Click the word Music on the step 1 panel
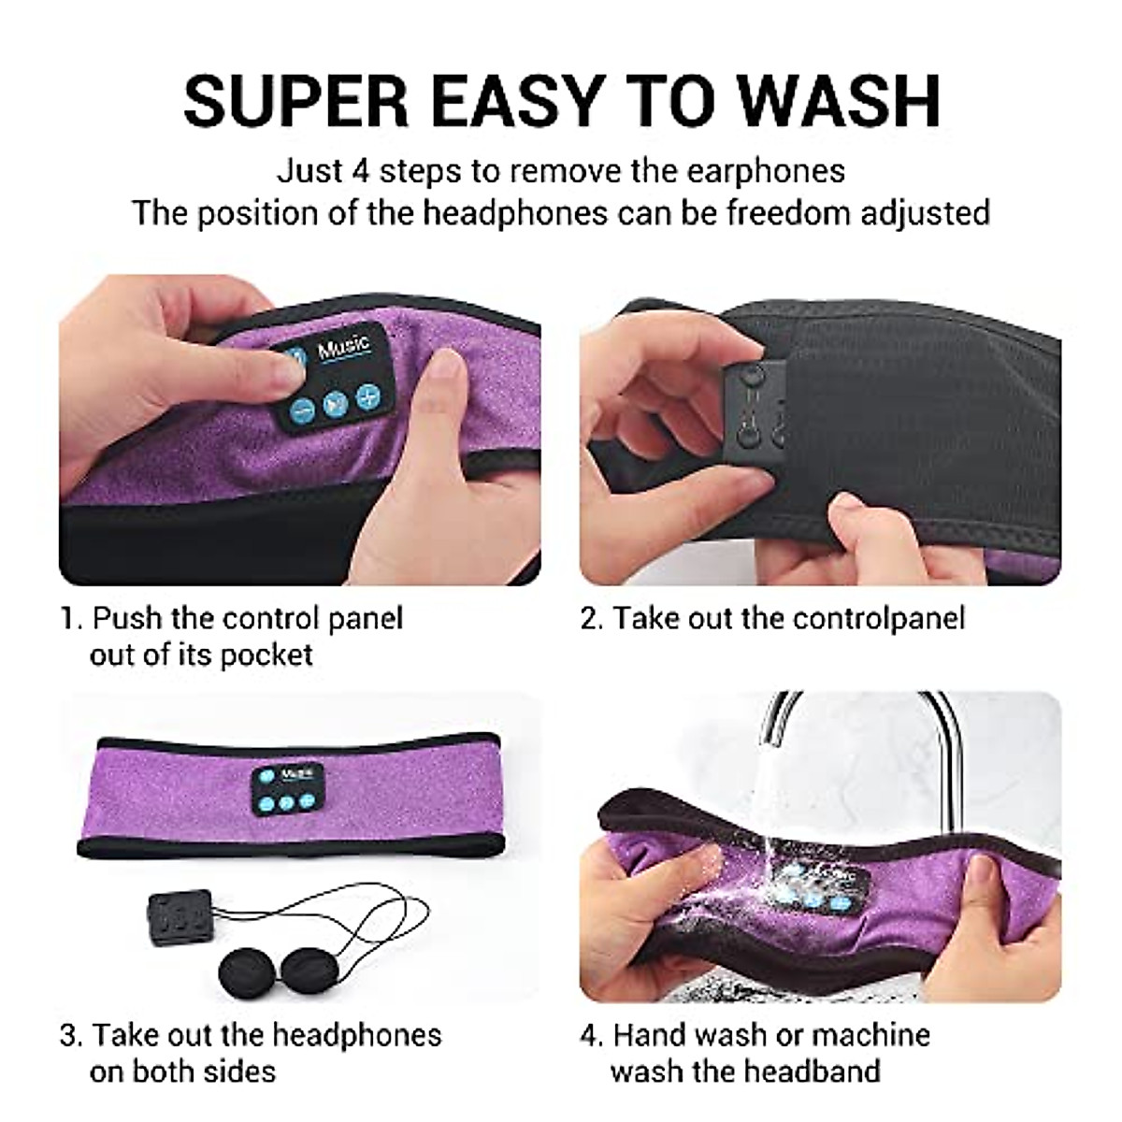(344, 349)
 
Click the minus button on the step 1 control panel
(301, 409)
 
